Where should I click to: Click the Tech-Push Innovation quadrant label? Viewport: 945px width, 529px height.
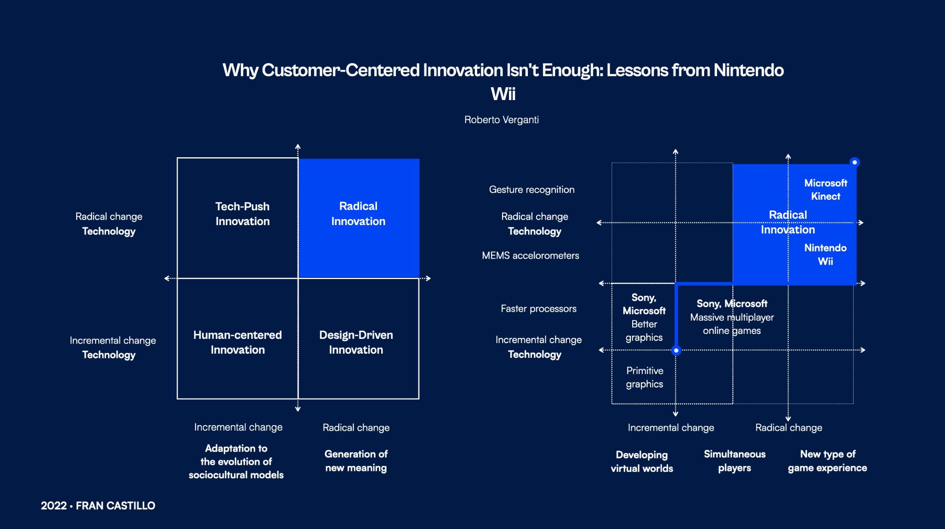[x=242, y=214]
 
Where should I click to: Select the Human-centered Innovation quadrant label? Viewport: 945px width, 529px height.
[x=238, y=342]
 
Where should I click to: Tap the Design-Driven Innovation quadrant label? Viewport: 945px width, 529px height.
[x=356, y=342]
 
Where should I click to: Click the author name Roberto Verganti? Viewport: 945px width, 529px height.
[x=501, y=120]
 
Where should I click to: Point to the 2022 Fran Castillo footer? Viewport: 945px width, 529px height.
[x=98, y=505]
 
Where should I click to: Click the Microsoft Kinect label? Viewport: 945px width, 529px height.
[x=825, y=190]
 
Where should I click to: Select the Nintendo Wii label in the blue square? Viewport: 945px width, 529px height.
[x=825, y=255]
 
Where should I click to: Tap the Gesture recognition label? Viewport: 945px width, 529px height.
[x=532, y=190]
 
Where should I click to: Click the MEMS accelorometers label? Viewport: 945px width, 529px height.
[x=530, y=256]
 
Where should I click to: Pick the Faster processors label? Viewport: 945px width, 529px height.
[x=538, y=309]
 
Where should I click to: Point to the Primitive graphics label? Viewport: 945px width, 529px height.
[x=645, y=377]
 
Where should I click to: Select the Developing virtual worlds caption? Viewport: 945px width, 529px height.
[x=642, y=461]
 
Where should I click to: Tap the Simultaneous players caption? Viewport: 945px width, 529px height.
[x=735, y=461]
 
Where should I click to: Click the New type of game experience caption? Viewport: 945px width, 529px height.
[x=827, y=461]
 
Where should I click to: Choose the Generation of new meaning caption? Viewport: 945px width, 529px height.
[x=356, y=461]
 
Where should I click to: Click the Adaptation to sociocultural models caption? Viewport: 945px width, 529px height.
[x=236, y=461]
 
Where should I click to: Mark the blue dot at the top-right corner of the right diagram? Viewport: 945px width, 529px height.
[x=855, y=162]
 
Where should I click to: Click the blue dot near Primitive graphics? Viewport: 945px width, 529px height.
[x=676, y=351]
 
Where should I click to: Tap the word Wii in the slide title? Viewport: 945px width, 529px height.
[x=503, y=94]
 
